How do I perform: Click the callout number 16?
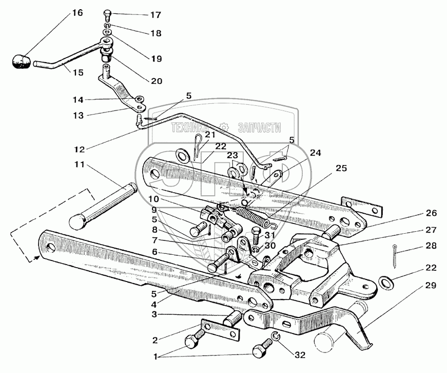pos(76,12)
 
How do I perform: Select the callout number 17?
pos(155,15)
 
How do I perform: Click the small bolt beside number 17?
pos(108,14)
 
